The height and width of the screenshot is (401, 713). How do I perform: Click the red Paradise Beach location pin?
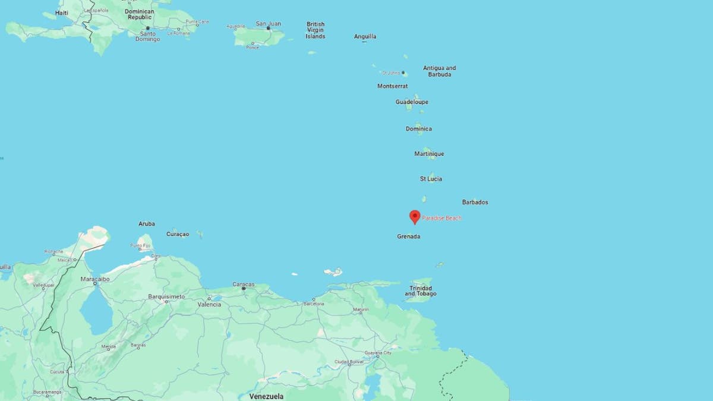[x=415, y=216]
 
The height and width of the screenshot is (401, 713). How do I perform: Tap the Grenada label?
[x=409, y=236]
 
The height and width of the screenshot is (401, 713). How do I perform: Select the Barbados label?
[x=475, y=202]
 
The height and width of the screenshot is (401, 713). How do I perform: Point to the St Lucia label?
[x=431, y=179]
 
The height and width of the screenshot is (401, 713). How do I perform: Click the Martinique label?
[x=429, y=154]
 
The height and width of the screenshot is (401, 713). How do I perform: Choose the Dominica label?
[x=419, y=129]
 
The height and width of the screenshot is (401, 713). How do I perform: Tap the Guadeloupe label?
[x=412, y=102]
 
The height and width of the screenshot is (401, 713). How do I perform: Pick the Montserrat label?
[x=392, y=86]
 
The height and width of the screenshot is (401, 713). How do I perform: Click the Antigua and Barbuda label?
[x=440, y=71]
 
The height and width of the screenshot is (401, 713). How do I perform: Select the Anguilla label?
[x=365, y=36]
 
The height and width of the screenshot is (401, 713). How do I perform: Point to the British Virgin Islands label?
[x=316, y=30]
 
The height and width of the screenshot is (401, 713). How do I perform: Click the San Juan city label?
[x=268, y=24]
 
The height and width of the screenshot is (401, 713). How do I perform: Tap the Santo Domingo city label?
[x=148, y=36]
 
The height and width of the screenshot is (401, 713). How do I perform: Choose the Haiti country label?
[x=61, y=12]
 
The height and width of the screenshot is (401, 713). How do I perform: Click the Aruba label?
[x=147, y=224]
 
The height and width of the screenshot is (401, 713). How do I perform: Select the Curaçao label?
[x=178, y=234]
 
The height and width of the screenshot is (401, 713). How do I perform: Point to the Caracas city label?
[x=244, y=284]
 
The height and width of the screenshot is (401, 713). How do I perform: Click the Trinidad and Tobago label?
[x=422, y=291]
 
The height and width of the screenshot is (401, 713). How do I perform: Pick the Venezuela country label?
[x=266, y=396]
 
